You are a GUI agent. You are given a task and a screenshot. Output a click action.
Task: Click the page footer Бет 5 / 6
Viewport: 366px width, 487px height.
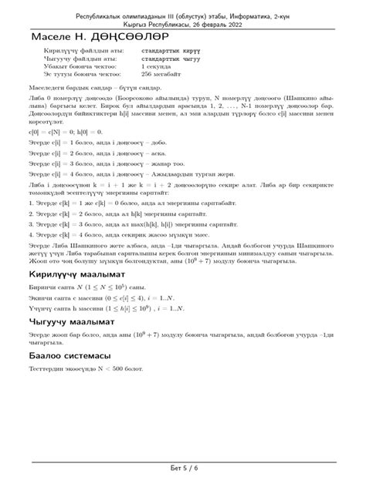coord(183,468)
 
